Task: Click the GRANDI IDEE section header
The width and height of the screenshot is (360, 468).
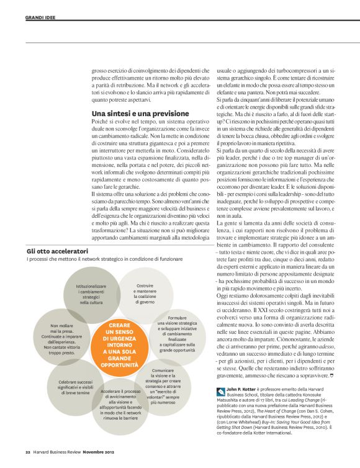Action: pos(40,17)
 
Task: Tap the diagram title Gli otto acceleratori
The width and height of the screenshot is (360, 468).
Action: pos(58,251)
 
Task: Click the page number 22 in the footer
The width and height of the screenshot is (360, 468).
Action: pos(28,451)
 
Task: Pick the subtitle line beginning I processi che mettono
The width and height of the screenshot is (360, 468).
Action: pos(99,259)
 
